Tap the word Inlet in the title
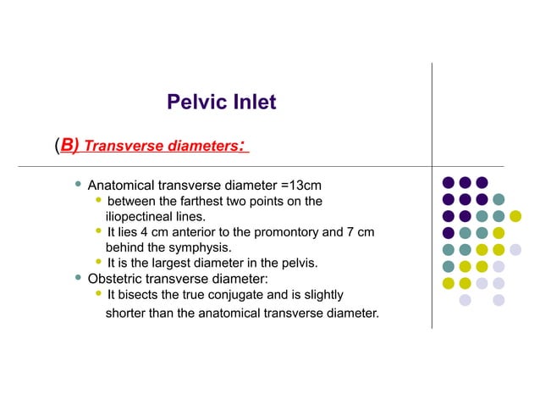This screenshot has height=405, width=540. click(252, 103)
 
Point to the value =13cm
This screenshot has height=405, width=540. click(301, 185)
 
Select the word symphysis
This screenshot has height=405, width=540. click(200, 247)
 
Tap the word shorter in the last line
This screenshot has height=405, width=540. click(126, 314)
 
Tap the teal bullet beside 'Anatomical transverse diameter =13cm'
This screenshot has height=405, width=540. click(78, 183)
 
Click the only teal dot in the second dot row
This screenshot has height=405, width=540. click(499, 199)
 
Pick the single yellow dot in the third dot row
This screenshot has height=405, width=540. click(515, 216)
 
